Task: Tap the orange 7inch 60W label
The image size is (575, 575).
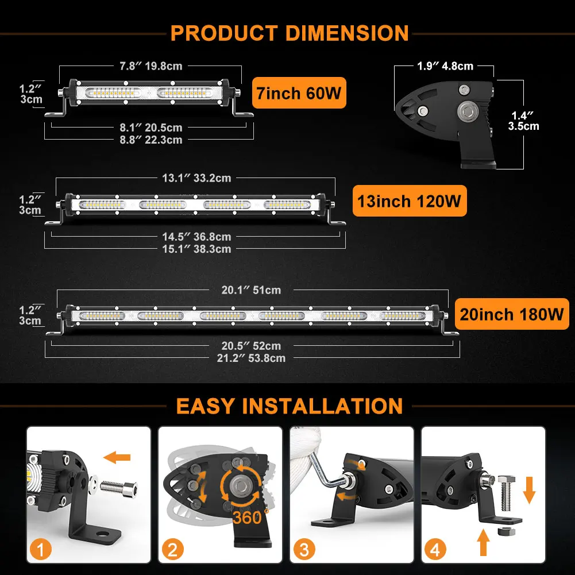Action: [x=299, y=93]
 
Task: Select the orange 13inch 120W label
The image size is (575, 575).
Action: [x=409, y=201]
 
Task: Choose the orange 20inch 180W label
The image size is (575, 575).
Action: [x=511, y=314]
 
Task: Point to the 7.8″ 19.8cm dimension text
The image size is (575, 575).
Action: [x=150, y=66]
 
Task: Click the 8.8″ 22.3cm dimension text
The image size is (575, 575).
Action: [x=150, y=140]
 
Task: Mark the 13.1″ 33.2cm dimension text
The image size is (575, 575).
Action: [x=196, y=178]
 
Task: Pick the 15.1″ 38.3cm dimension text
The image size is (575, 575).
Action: [x=196, y=249]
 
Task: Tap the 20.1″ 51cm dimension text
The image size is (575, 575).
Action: [x=251, y=290]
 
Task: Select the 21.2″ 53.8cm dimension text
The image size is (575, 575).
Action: [x=251, y=358]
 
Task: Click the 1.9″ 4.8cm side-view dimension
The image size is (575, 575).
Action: [x=445, y=66]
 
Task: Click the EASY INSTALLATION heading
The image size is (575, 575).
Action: [x=290, y=406]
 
